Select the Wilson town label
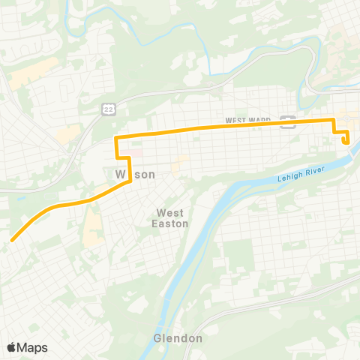coord(135,174)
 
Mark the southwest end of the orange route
coord(12,241)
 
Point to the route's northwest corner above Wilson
coord(115,138)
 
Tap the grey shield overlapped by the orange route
coord(286,122)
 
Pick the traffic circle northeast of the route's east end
coord(352,112)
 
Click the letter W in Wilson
coord(119,174)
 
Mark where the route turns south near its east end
coord(334,120)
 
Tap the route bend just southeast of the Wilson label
coord(131,181)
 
